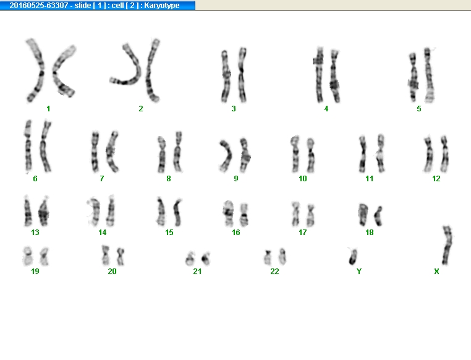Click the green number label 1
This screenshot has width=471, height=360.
coord(48,109)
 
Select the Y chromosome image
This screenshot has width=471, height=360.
coord(353,257)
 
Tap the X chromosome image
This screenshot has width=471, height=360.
coord(448,245)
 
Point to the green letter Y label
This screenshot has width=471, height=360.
coord(359,272)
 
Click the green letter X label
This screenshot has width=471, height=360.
coord(436,272)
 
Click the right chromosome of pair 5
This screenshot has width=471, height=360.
coord(429,75)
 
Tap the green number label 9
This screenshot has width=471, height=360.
coord(235,179)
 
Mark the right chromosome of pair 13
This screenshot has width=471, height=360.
coord(44,212)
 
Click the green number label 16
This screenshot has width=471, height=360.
coord(235,233)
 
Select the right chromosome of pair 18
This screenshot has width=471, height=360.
coord(378,216)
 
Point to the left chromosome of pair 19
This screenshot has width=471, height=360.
coord(28,256)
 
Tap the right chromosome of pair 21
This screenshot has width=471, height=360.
coord(206,259)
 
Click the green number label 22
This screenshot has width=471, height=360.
coord(274,272)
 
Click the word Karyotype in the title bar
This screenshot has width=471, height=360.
coord(161,6)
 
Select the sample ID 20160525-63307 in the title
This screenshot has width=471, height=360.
coord(39,6)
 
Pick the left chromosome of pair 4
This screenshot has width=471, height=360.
coord(319,75)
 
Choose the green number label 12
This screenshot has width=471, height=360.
coord(436,179)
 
